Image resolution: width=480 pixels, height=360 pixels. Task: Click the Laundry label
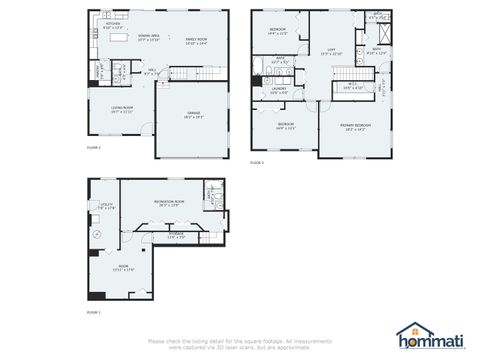[279, 88]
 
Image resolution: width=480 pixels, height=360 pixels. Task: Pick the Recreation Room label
[169, 202]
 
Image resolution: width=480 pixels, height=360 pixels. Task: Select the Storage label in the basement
[176, 234]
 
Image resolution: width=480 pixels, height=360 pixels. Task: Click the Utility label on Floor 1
[107, 205]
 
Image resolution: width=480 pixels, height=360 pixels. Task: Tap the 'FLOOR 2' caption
[93, 146]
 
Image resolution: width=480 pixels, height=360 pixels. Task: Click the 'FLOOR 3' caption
[256, 161]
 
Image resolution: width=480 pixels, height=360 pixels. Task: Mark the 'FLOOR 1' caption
[93, 312]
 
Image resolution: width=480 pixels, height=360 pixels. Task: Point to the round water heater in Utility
[97, 233]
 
